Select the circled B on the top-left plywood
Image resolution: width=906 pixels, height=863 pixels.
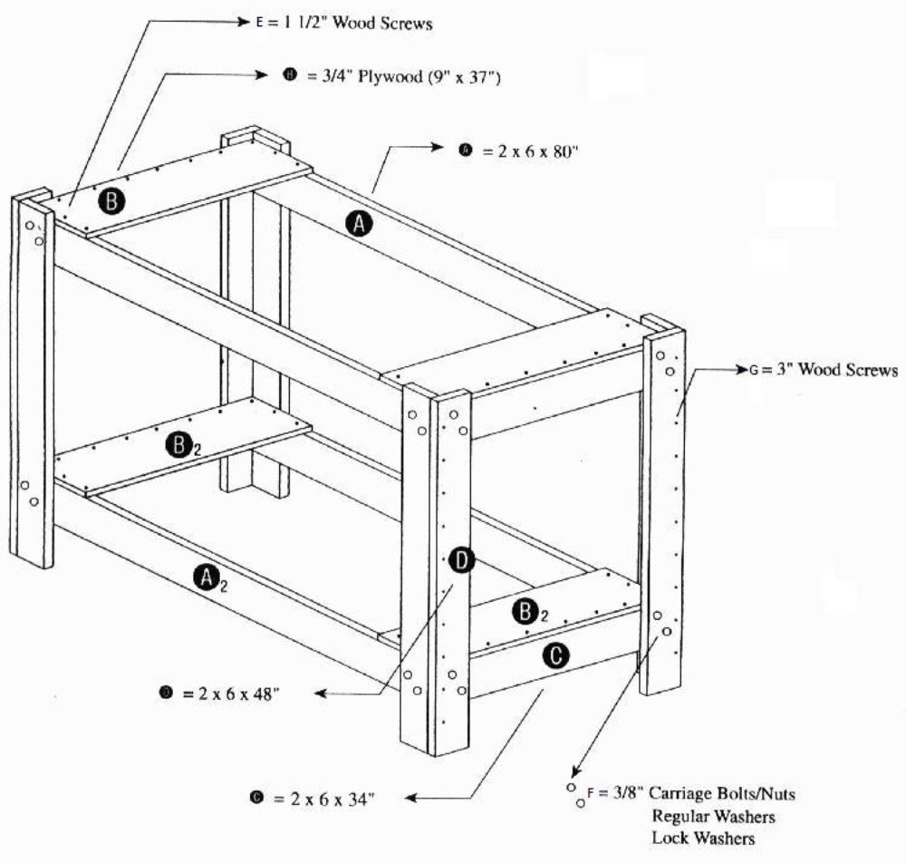111,199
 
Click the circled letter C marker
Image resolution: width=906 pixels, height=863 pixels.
555,655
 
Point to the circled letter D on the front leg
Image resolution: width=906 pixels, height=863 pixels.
461,562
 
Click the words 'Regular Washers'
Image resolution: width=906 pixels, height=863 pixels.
713,816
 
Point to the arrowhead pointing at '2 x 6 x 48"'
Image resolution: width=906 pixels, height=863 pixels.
321,693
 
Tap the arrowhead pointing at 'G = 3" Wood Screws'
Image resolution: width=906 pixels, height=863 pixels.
741,370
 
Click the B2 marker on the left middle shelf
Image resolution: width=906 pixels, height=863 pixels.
184,444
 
